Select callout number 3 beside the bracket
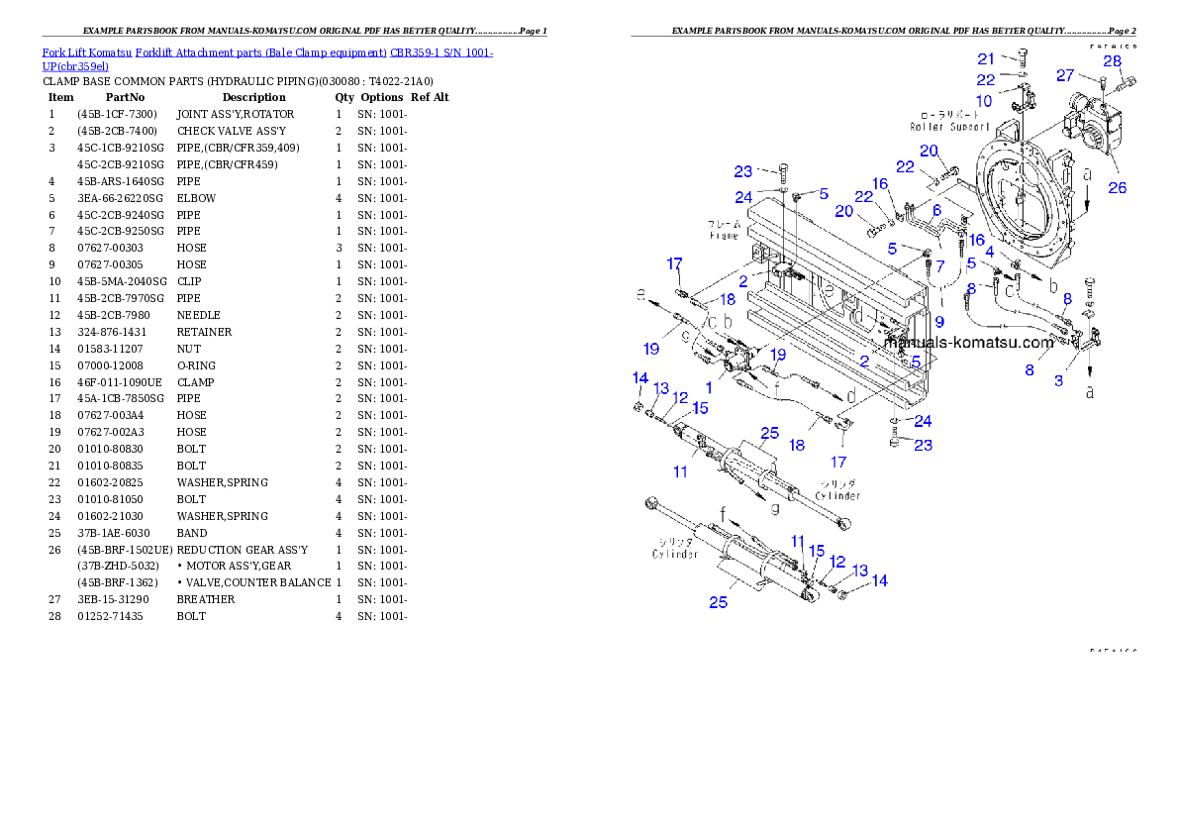(1058, 380)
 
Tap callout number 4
(989, 253)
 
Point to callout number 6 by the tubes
(936, 210)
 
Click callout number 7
(939, 265)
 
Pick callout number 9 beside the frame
(938, 321)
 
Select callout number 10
(984, 101)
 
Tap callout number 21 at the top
(986, 59)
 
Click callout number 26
(1117, 187)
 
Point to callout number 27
(1065, 75)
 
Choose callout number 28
(1113, 61)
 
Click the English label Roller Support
(950, 127)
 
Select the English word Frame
(724, 236)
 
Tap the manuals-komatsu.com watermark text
(969, 343)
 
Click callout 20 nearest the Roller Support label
(929, 151)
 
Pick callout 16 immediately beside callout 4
(976, 240)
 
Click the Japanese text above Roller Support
(949, 115)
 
